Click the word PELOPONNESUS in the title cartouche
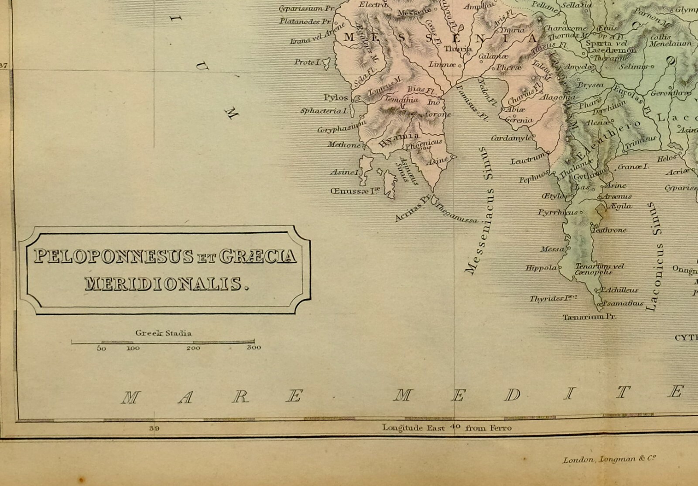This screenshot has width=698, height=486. pyautogui.click(x=113, y=256)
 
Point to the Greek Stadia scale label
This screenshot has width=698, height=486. pyautogui.click(x=163, y=333)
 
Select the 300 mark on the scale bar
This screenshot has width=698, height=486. pyautogui.click(x=253, y=348)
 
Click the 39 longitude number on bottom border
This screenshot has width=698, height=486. pyautogui.click(x=154, y=428)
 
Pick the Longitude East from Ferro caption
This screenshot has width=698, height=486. pyautogui.click(x=446, y=428)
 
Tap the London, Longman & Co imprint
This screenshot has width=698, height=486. pyautogui.click(x=609, y=459)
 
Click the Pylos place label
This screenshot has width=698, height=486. pyautogui.click(x=336, y=97)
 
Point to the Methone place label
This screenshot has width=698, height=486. pyautogui.click(x=344, y=145)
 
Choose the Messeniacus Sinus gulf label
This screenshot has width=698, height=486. pyautogui.click(x=479, y=231)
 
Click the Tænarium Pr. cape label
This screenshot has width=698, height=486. pyautogui.click(x=589, y=317)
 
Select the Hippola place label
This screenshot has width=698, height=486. pyautogui.click(x=541, y=268)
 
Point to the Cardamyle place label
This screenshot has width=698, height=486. pyautogui.click(x=512, y=138)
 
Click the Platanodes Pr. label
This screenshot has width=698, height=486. pyautogui.click(x=306, y=21)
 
